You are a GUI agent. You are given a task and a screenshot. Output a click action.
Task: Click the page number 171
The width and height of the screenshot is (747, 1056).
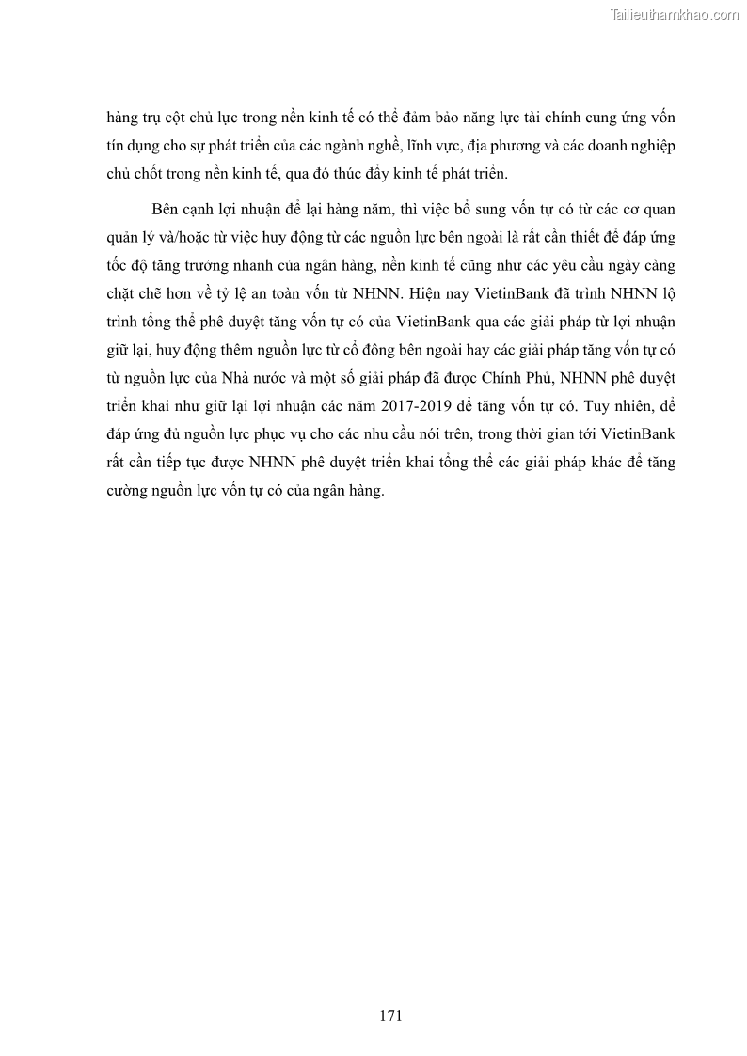click(391, 1016)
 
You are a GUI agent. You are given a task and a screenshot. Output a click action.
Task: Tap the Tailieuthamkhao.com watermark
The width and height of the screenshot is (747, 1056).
click(675, 15)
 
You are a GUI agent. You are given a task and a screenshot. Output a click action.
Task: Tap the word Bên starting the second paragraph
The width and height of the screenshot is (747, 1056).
click(165, 208)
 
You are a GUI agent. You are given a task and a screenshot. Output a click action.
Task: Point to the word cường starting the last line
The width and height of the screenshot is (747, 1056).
click(127, 492)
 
